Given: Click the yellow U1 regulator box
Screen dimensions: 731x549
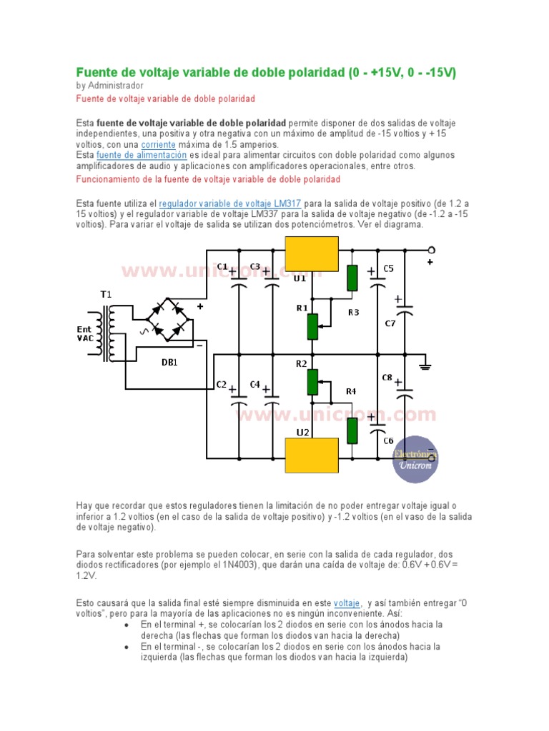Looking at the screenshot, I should [312, 253].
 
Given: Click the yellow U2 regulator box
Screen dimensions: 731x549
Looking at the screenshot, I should [312, 455].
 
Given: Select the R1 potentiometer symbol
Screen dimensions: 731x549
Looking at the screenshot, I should [312, 326].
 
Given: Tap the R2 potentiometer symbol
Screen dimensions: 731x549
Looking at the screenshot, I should [312, 382].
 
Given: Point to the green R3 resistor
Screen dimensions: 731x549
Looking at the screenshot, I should [352, 278].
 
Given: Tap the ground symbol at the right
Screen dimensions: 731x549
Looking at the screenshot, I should [425, 365].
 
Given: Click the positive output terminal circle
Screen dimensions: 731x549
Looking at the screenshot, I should [431, 249].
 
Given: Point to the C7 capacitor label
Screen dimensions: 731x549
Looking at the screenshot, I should [390, 323].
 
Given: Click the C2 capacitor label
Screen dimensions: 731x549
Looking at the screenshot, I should [222, 385].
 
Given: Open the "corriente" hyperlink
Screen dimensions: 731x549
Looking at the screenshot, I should [159, 144].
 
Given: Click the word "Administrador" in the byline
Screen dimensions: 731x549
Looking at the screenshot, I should [115, 86].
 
